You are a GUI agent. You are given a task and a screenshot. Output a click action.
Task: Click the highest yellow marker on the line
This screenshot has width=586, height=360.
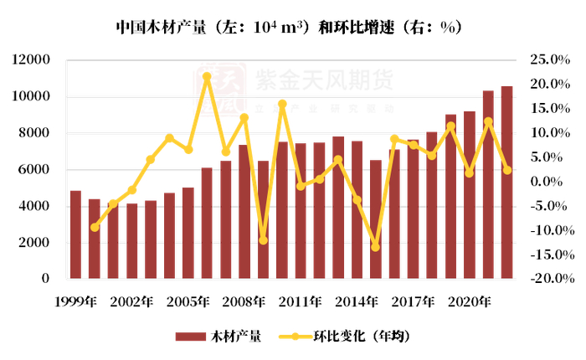point(207,76)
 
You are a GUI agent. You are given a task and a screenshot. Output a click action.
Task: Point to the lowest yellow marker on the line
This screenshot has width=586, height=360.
point(376,247)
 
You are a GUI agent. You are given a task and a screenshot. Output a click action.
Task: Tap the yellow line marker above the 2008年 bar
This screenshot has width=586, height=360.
point(244,118)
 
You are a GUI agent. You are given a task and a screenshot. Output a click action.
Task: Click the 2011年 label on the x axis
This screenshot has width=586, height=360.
point(301,301)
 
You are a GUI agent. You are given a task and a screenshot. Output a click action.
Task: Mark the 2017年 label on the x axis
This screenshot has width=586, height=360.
point(414,301)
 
